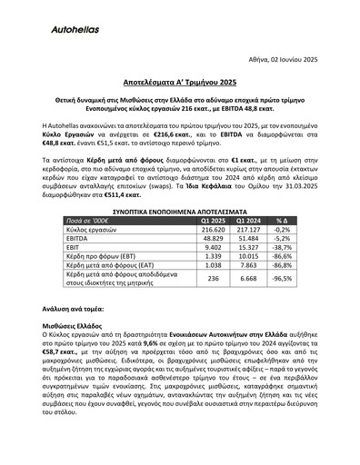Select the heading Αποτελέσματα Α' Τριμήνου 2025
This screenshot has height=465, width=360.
(x=180, y=79)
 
